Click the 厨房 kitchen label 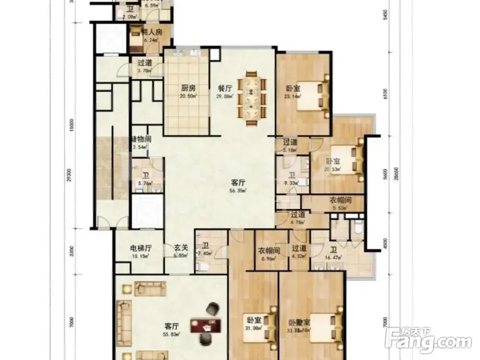tap(188, 88)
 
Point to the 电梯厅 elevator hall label tap(141, 249)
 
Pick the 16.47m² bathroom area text tap(333, 258)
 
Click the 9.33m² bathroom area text tap(292, 182)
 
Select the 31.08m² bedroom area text tap(254, 328)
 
